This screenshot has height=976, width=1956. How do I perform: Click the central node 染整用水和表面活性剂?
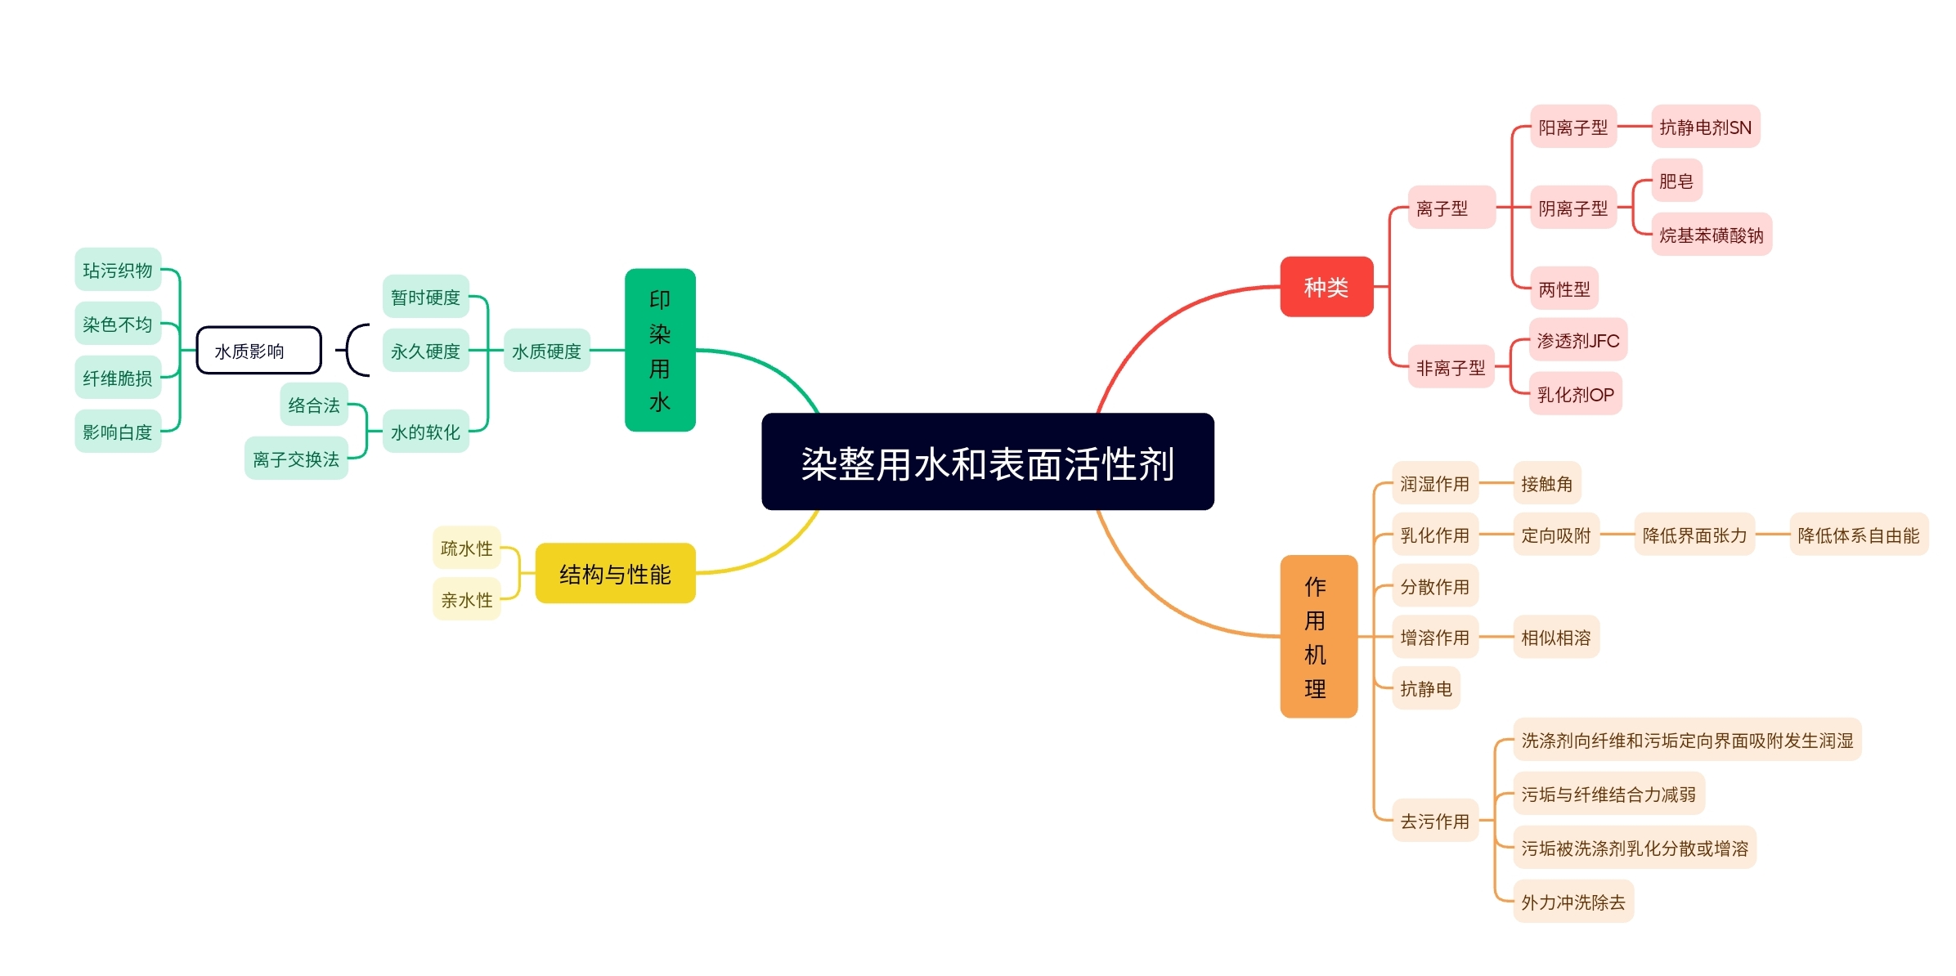987,462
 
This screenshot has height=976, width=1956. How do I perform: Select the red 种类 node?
1326,287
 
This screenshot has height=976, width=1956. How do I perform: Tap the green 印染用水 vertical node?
660,350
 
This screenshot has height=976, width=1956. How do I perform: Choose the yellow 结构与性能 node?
615,574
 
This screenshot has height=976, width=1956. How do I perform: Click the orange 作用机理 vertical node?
1317,636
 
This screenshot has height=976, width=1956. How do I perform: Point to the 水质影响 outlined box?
258,351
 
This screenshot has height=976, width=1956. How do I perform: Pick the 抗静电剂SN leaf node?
1705,127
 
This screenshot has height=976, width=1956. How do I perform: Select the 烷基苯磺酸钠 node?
1711,235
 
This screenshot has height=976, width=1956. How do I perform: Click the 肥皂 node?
1676,181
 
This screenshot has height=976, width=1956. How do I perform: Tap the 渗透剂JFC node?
1577,340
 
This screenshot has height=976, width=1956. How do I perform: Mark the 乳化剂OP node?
1575,394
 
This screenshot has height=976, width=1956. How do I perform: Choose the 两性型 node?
1563,289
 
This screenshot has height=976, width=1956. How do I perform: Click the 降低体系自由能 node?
1858,535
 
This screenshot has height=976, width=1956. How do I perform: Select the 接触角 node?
1546,483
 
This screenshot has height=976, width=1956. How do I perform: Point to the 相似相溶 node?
1555,637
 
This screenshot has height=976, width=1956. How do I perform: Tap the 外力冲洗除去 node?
1572,902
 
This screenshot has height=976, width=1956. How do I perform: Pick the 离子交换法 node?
296,459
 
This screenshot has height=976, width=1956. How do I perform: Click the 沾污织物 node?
118,270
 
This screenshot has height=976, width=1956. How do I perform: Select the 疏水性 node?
466,548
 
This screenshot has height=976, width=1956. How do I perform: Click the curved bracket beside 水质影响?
355,351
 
